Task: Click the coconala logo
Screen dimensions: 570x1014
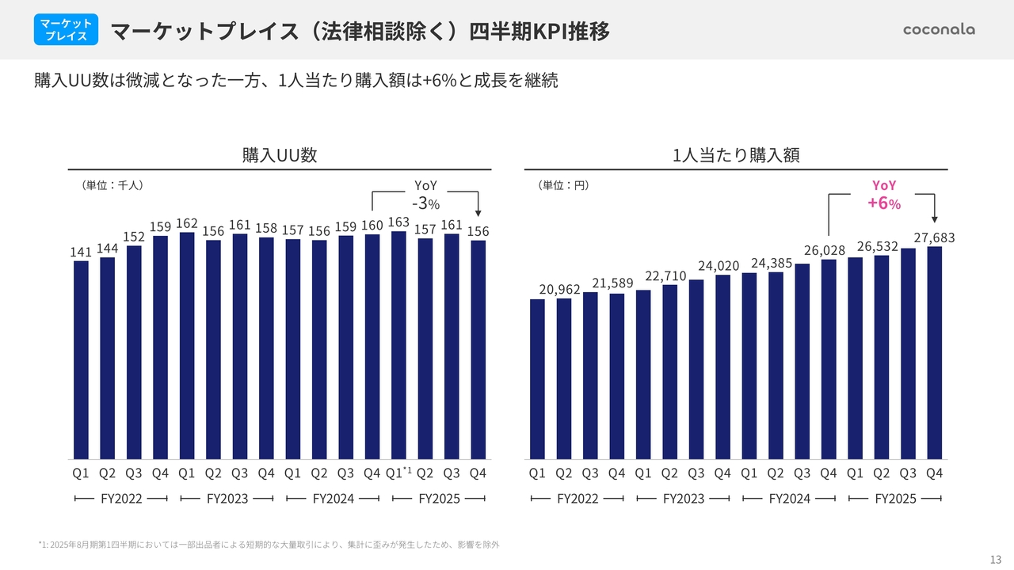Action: pos(939,29)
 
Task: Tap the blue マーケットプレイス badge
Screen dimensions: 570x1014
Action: pos(67,30)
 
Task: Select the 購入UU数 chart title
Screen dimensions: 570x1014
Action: pos(280,155)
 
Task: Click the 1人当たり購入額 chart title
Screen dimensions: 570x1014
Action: pos(736,155)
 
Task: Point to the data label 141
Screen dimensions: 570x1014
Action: pos(81,252)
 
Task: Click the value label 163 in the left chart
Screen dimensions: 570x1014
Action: pos(398,222)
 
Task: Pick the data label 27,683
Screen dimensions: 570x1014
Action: pos(934,237)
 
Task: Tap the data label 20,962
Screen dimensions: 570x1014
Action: pos(560,290)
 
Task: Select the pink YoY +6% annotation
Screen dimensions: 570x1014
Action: pos(883,195)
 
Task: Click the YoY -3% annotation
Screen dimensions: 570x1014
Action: pos(425,195)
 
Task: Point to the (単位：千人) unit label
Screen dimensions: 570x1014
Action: pos(112,185)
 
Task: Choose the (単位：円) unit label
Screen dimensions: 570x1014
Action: pos(563,185)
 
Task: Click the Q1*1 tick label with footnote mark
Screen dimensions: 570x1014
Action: pos(399,473)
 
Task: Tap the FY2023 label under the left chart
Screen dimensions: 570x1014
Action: pos(227,499)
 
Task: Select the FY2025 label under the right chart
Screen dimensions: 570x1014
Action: pos(895,499)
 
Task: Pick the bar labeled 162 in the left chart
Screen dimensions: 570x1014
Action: pos(187,346)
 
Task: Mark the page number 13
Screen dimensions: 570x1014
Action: pos(996,554)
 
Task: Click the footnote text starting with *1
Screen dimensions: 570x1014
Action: pos(269,545)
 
